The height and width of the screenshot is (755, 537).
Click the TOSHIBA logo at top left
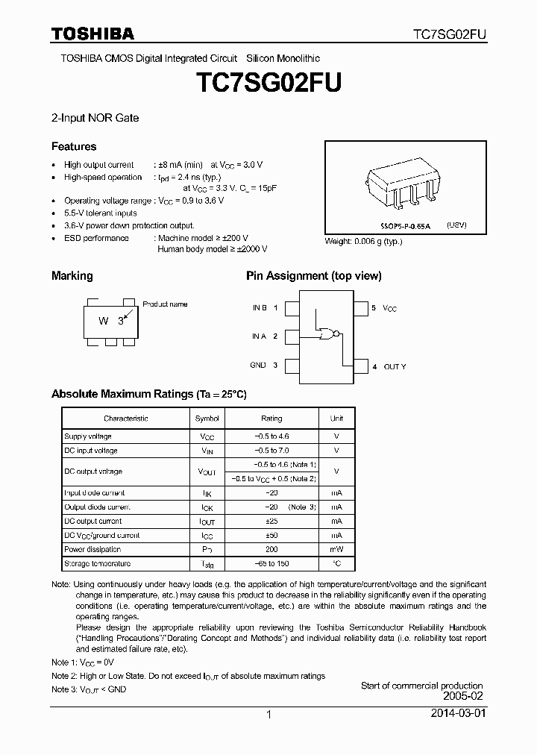point(92,34)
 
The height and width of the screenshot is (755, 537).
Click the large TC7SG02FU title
point(268,82)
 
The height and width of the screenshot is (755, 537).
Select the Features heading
point(74,147)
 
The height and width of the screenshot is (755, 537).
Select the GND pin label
point(258,365)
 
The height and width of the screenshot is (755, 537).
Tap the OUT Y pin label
point(395,366)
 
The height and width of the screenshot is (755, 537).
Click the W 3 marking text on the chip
point(111,321)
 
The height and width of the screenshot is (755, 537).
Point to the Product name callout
point(165,304)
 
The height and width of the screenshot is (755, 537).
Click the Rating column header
point(271,419)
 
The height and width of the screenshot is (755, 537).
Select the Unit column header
point(336,419)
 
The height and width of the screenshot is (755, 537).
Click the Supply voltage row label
point(88,436)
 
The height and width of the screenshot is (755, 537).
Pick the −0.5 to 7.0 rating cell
point(271,451)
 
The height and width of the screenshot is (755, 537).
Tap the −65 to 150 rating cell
point(271,564)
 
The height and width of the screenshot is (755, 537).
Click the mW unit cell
point(336,550)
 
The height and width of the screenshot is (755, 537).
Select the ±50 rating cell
point(271,536)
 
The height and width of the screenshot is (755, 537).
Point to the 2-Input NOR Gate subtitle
point(95,118)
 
